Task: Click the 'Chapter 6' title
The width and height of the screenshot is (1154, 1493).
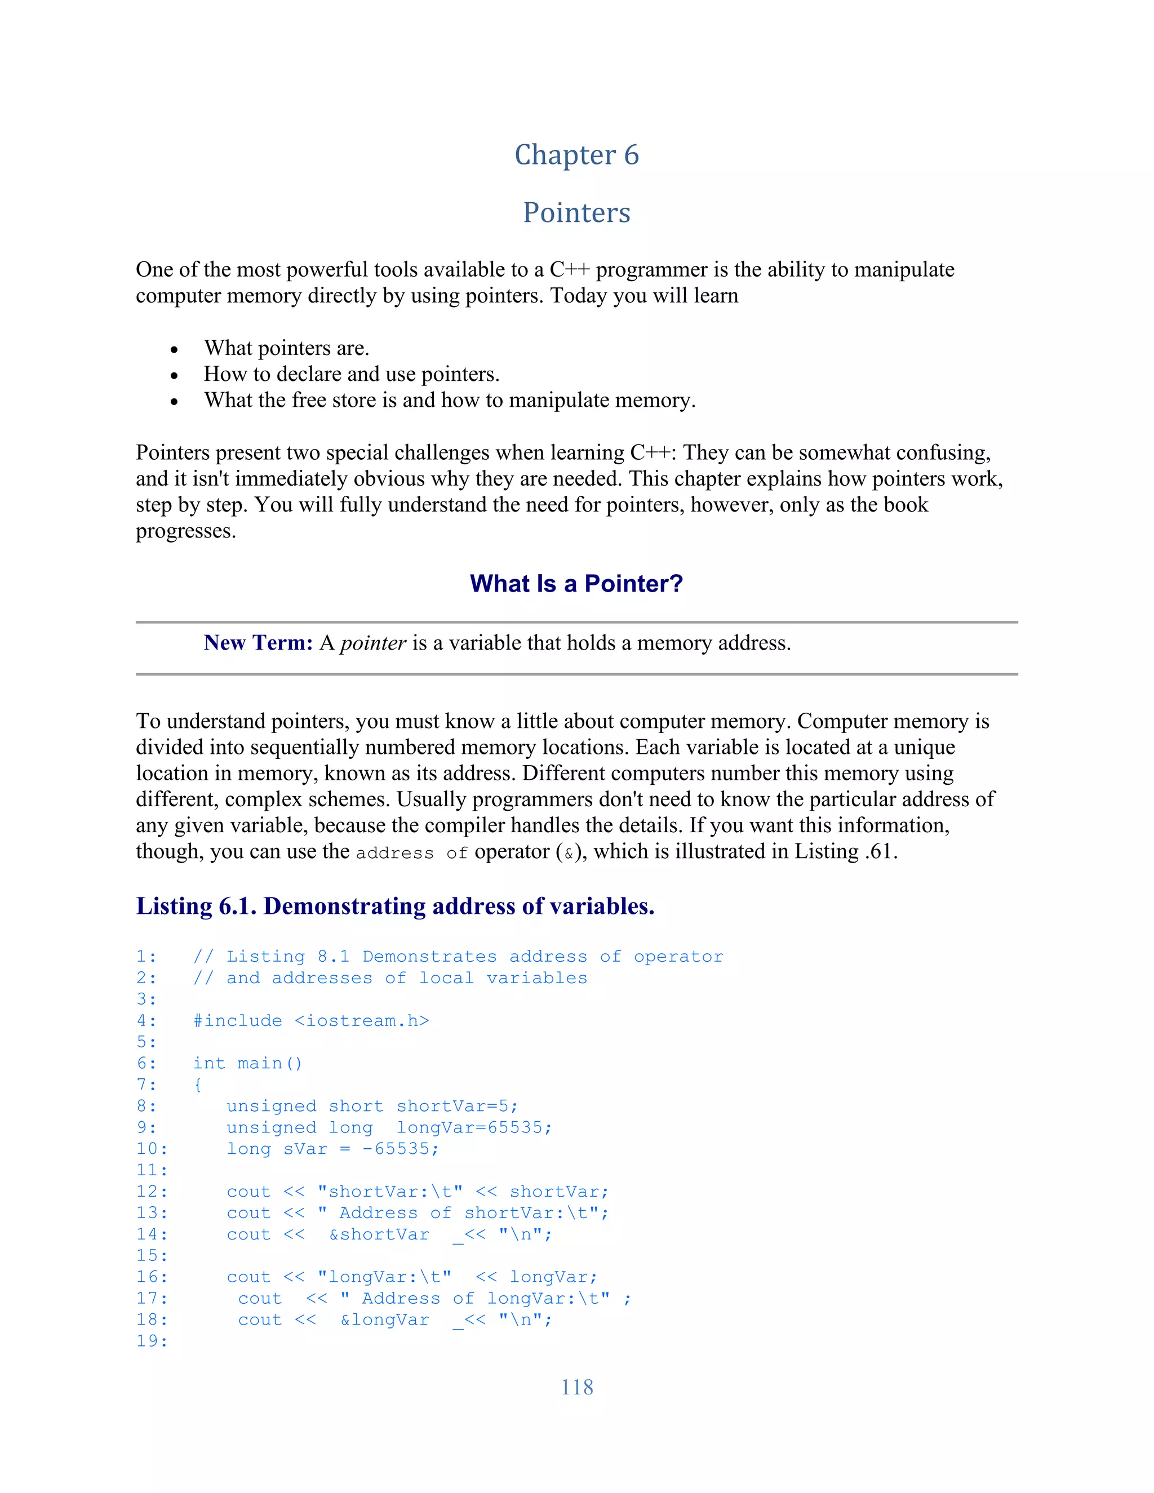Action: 576,155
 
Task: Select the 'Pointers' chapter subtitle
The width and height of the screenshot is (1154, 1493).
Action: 576,212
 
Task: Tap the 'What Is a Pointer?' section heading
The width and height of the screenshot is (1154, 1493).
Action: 576,584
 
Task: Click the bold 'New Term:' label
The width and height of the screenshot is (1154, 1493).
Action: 258,643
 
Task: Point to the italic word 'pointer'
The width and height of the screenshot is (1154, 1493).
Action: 372,643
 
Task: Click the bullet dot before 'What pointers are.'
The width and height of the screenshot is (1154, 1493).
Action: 174,350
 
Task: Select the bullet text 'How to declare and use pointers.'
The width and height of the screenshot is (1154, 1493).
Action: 352,374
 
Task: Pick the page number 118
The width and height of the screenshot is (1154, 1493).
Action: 576,1387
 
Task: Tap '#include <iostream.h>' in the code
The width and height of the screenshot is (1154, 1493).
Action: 311,1021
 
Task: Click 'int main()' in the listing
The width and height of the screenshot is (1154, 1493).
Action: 247,1063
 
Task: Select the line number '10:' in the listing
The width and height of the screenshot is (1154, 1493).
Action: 152,1148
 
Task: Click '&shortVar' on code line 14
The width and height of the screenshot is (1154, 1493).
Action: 379,1234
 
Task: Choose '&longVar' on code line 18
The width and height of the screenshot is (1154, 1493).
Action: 385,1319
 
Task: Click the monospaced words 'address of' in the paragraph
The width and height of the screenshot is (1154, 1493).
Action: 411,853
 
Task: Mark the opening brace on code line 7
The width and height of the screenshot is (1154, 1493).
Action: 198,1085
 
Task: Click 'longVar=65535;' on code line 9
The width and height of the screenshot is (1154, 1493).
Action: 474,1127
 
